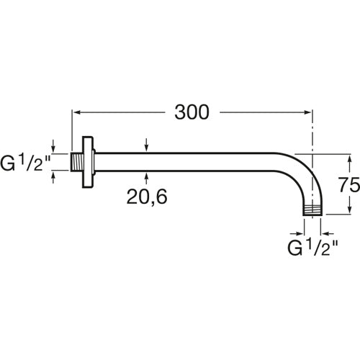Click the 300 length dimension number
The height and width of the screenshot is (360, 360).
[x=192, y=112]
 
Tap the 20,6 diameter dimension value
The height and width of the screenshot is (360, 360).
[x=147, y=197]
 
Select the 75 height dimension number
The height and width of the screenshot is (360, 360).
[x=349, y=184]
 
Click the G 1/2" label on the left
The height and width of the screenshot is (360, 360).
[x=25, y=163]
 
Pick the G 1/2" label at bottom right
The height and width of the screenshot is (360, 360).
[x=312, y=248]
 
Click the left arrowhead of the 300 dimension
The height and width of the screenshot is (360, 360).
[x=77, y=112]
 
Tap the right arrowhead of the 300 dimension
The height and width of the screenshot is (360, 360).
[x=307, y=112]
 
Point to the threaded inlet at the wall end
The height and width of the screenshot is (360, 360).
[x=77, y=162]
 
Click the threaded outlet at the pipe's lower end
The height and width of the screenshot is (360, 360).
[x=312, y=210]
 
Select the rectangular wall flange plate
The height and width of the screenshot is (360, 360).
[x=87, y=162]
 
